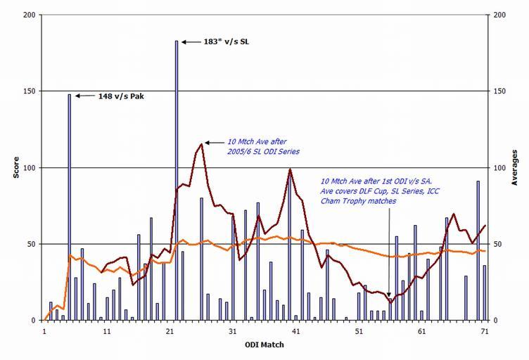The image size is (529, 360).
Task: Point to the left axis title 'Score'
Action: pos(15,168)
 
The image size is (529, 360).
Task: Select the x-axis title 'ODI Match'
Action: pos(264,345)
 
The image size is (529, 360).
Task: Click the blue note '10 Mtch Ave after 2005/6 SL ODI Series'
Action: pos(262,146)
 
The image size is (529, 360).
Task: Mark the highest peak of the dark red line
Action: pos(202,144)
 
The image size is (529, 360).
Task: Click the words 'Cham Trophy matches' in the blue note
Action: pos(357,201)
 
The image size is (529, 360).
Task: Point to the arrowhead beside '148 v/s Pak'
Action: pos(76,96)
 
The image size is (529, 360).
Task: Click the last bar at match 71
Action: pos(484,292)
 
